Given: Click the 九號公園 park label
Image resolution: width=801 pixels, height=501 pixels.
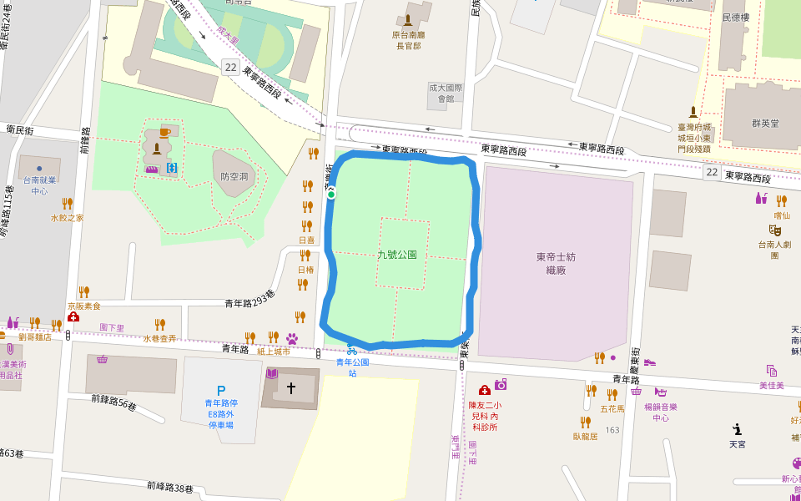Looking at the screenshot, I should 397,255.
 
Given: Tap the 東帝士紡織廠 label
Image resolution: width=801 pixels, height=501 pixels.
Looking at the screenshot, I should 556,263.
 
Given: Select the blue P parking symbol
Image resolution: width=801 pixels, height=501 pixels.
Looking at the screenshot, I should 221,390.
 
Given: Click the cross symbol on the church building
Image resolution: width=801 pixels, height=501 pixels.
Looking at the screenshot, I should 291,388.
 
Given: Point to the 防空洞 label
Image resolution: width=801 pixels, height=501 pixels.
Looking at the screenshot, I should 234,177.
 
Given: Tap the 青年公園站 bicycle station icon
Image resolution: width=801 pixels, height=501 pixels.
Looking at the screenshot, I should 352,351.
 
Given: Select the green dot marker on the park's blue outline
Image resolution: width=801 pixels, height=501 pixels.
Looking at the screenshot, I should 331,195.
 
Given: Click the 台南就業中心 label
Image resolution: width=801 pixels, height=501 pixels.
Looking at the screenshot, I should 39,185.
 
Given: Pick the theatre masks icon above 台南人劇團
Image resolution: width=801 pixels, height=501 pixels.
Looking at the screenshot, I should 775,229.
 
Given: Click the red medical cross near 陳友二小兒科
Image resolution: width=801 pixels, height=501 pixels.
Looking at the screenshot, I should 484,390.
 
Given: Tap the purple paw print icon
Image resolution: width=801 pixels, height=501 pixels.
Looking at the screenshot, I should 292,338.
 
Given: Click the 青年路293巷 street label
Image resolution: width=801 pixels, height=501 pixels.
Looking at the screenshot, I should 249,304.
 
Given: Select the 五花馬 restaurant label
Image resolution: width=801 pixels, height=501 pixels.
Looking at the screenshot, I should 612,409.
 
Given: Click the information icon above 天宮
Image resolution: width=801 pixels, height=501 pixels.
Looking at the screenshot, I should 737,429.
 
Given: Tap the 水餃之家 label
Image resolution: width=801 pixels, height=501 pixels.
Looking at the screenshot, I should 67,218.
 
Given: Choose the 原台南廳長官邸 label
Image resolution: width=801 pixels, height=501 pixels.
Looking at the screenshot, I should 408,40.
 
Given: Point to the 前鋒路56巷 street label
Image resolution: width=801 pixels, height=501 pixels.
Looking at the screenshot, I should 114,406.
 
